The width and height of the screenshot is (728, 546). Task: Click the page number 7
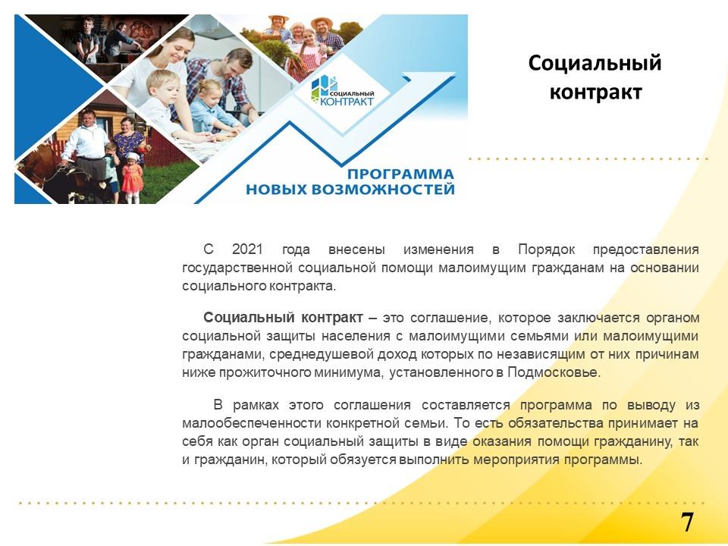687,522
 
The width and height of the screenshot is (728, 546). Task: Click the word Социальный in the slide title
595,63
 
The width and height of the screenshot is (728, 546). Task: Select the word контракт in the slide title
596,92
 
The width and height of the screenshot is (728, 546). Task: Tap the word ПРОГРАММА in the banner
400,174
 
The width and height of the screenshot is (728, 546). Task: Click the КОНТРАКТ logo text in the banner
347,101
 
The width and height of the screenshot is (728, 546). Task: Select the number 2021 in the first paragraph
247,249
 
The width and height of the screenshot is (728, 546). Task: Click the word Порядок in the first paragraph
547,249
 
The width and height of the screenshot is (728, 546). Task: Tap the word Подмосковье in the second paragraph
553,372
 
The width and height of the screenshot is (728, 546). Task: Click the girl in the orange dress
132,177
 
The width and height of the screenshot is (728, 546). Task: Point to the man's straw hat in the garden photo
322,21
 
